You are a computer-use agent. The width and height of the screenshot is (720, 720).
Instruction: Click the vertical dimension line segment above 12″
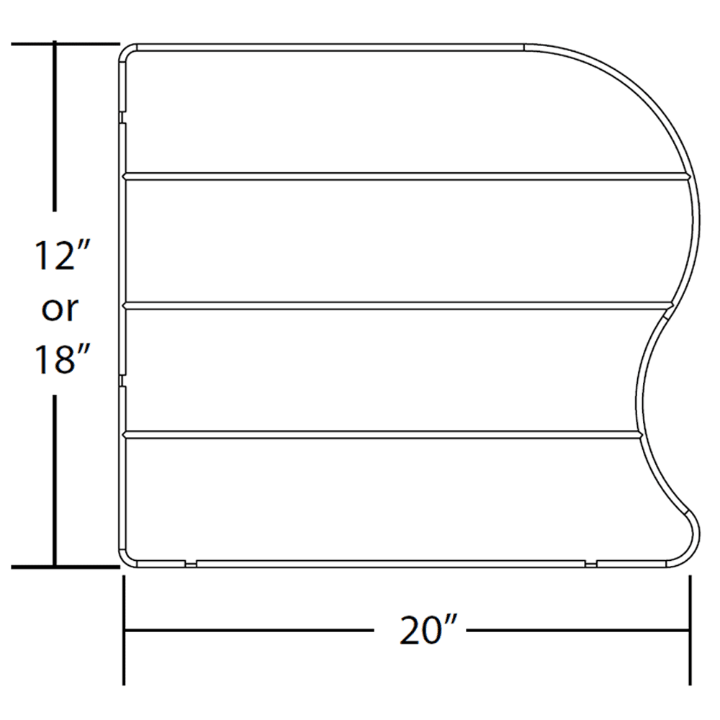[55, 137]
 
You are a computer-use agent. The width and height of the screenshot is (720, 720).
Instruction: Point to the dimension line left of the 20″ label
[248, 631]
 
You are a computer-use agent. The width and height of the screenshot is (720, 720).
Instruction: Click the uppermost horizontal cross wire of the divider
[407, 174]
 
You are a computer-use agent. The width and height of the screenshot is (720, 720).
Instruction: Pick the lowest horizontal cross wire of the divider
[382, 434]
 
